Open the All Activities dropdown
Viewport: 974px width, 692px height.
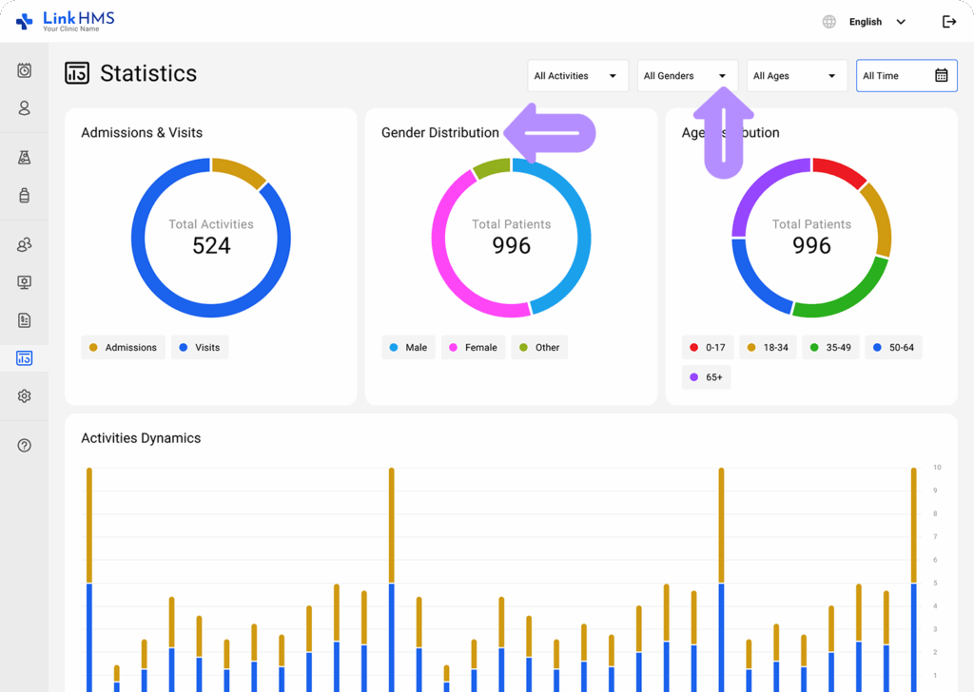[576, 76]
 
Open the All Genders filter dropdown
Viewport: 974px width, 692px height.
[685, 76]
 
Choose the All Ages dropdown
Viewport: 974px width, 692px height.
[795, 76]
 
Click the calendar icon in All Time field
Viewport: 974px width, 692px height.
[941, 76]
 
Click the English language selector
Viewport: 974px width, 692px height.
[865, 22]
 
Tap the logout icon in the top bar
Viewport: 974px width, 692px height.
[948, 22]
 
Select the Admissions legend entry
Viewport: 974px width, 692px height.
[123, 348]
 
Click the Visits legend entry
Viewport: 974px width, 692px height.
[200, 348]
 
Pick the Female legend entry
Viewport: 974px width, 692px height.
[473, 348]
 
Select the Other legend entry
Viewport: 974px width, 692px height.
[539, 348]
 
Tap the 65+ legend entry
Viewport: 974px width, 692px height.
[706, 377]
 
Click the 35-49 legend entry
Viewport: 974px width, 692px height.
[829, 348]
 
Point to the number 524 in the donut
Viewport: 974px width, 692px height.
[211, 246]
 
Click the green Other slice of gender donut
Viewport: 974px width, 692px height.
[492, 168]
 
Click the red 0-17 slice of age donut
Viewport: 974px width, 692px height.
[839, 172]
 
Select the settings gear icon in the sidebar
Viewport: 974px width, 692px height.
[25, 396]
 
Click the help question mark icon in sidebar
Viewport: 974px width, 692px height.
[25, 445]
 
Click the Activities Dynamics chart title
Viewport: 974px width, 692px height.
[141, 438]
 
